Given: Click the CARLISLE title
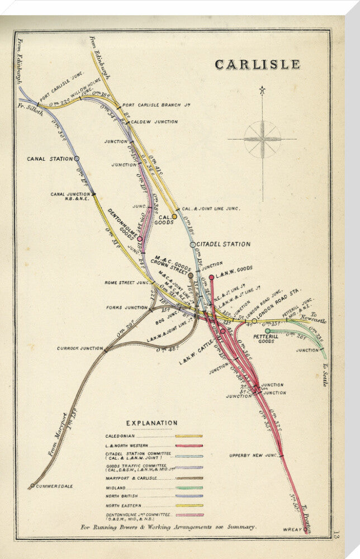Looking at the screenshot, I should [x=257, y=64].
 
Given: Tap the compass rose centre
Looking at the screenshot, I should [x=262, y=139].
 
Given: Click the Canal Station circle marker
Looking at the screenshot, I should [x=77, y=159].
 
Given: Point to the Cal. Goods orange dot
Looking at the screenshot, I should [x=174, y=216].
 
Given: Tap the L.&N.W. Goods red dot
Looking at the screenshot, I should [x=211, y=277].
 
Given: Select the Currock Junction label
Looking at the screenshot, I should [x=79, y=348].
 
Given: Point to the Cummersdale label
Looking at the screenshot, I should [x=54, y=486].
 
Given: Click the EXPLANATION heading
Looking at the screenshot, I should [x=151, y=423].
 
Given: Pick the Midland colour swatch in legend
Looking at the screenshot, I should [x=189, y=488].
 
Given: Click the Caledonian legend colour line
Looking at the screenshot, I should [x=189, y=435].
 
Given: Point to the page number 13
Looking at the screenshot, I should [x=335, y=537].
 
